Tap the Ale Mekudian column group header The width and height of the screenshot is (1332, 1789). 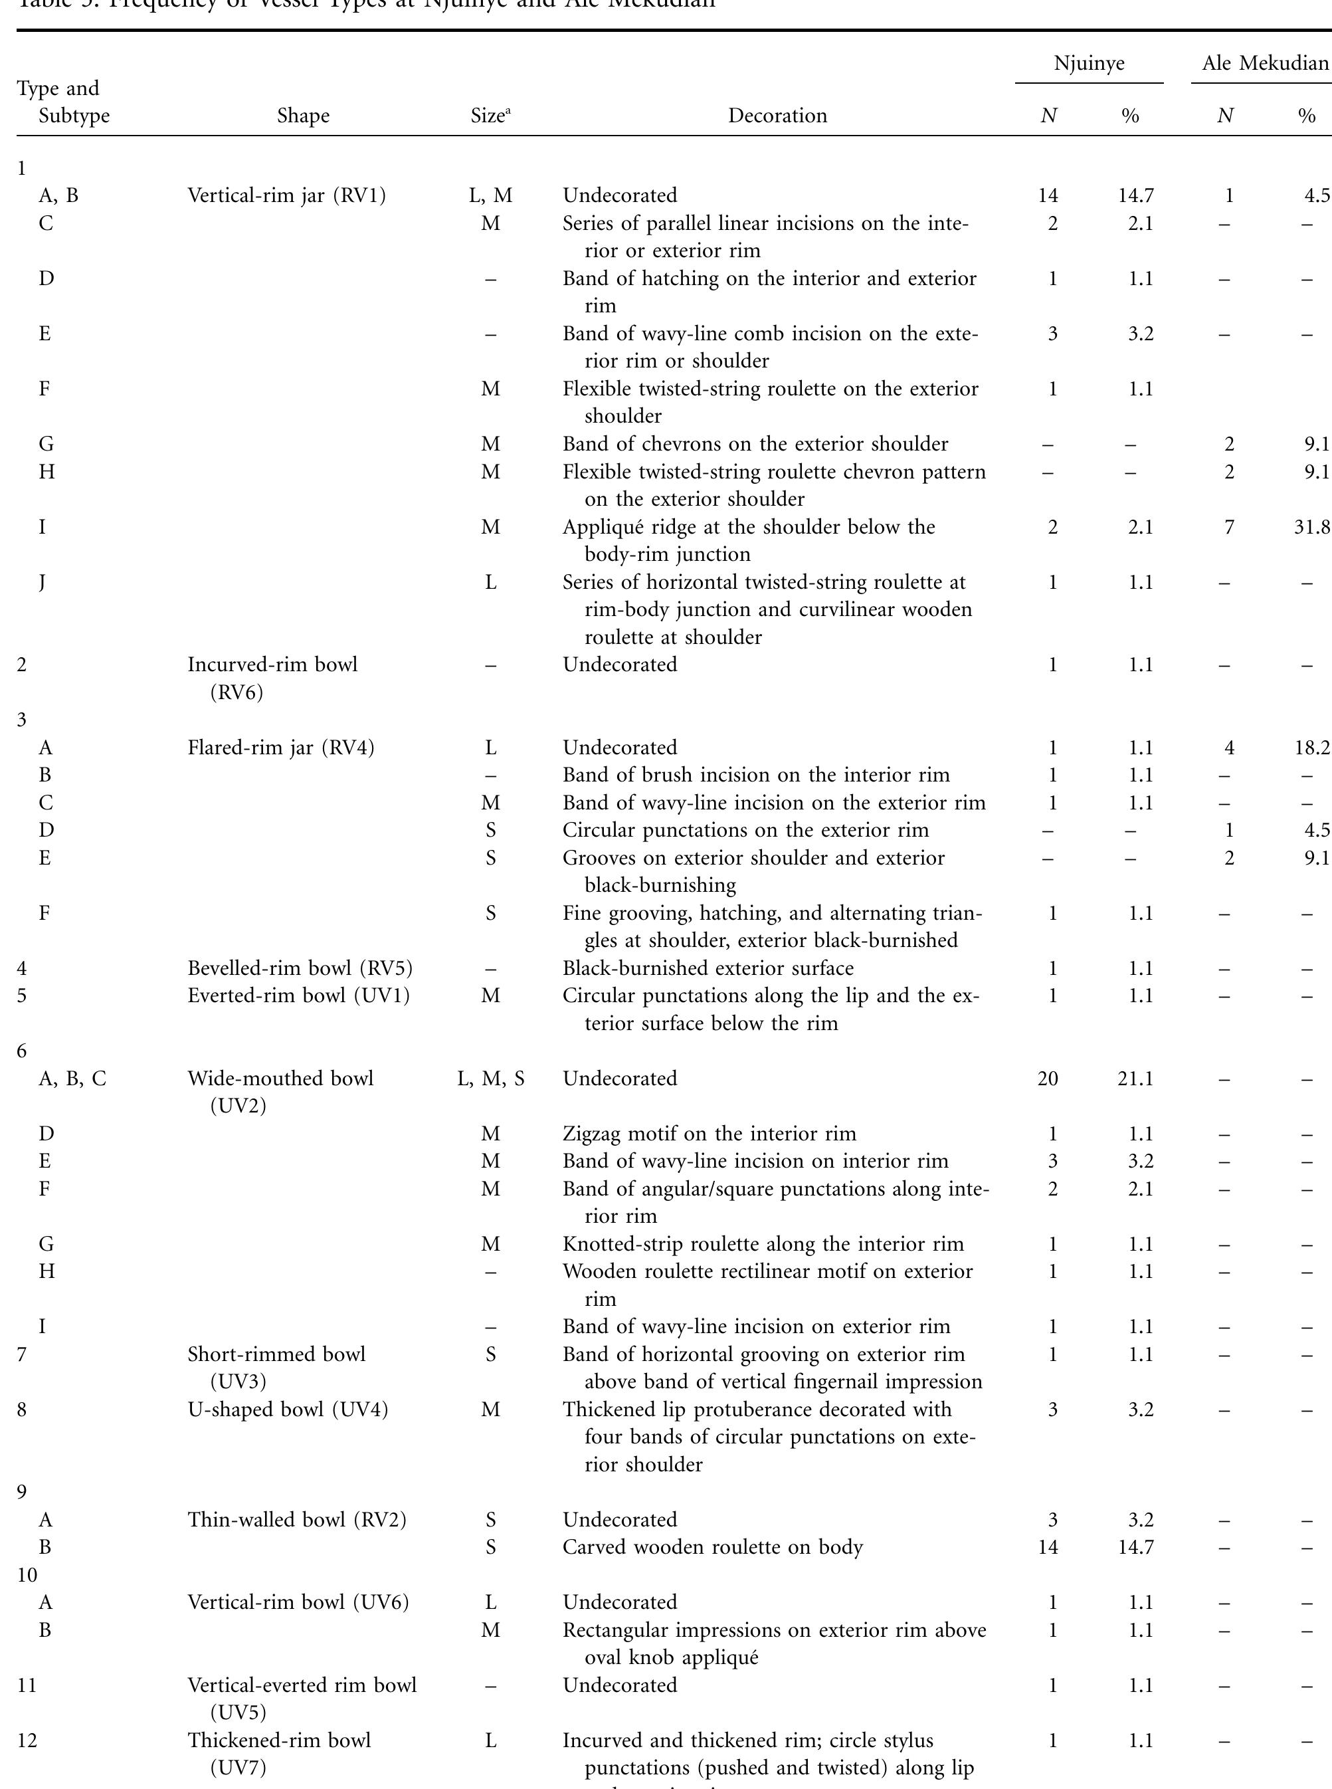click(x=1264, y=64)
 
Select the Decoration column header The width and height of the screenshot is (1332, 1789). click(x=777, y=116)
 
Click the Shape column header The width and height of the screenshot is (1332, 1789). click(x=303, y=116)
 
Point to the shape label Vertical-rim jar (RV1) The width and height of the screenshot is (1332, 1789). click(x=286, y=196)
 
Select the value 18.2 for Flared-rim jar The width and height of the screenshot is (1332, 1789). click(x=1312, y=748)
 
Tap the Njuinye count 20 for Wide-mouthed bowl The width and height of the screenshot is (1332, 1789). click(x=1048, y=1079)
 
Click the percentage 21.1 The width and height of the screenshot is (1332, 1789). click(x=1135, y=1079)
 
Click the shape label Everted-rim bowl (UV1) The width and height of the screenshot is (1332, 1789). click(x=298, y=996)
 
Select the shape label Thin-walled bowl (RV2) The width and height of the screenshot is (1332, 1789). click(x=297, y=1521)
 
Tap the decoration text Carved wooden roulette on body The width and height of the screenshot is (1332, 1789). click(x=713, y=1548)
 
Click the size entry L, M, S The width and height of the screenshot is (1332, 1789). click(x=490, y=1079)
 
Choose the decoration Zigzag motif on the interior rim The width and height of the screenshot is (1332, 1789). click(x=710, y=1134)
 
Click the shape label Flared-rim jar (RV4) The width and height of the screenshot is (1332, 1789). click(x=280, y=748)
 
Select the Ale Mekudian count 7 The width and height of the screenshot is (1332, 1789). click(x=1229, y=528)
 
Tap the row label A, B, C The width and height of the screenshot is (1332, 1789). click(x=72, y=1079)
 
